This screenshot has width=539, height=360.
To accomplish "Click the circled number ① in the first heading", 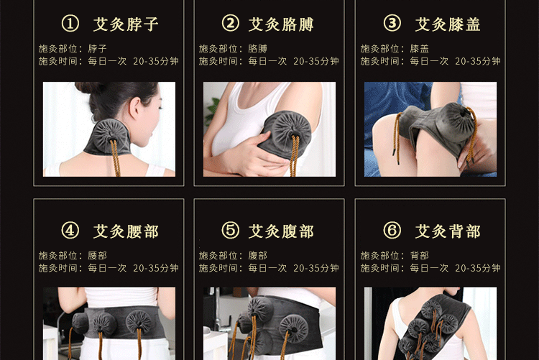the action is point(70,24).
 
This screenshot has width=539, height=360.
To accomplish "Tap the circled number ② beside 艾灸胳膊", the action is point(230,24).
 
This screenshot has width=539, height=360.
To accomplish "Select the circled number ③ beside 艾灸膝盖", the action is point(392,24).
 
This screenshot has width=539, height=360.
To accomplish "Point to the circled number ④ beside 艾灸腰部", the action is point(70,231).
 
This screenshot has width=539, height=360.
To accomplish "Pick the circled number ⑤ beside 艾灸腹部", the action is point(230,231).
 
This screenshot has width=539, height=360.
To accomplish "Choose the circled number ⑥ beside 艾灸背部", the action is point(392,231).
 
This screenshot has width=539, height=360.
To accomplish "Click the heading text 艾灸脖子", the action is point(126,24).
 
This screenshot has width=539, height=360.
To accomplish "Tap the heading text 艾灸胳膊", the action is point(281,24).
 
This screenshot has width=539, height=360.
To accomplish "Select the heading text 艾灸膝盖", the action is point(448,24).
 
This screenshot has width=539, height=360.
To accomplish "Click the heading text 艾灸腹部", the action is point(281,231).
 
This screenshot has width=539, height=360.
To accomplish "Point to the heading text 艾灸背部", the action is point(448,231).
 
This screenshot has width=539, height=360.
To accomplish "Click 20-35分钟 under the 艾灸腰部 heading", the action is point(156,268).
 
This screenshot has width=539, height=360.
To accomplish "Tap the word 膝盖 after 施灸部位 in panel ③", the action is point(420,49).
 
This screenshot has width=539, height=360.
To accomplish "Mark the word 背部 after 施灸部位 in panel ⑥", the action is point(420,256).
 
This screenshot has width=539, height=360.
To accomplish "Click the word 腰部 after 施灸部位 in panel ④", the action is point(97,256).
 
